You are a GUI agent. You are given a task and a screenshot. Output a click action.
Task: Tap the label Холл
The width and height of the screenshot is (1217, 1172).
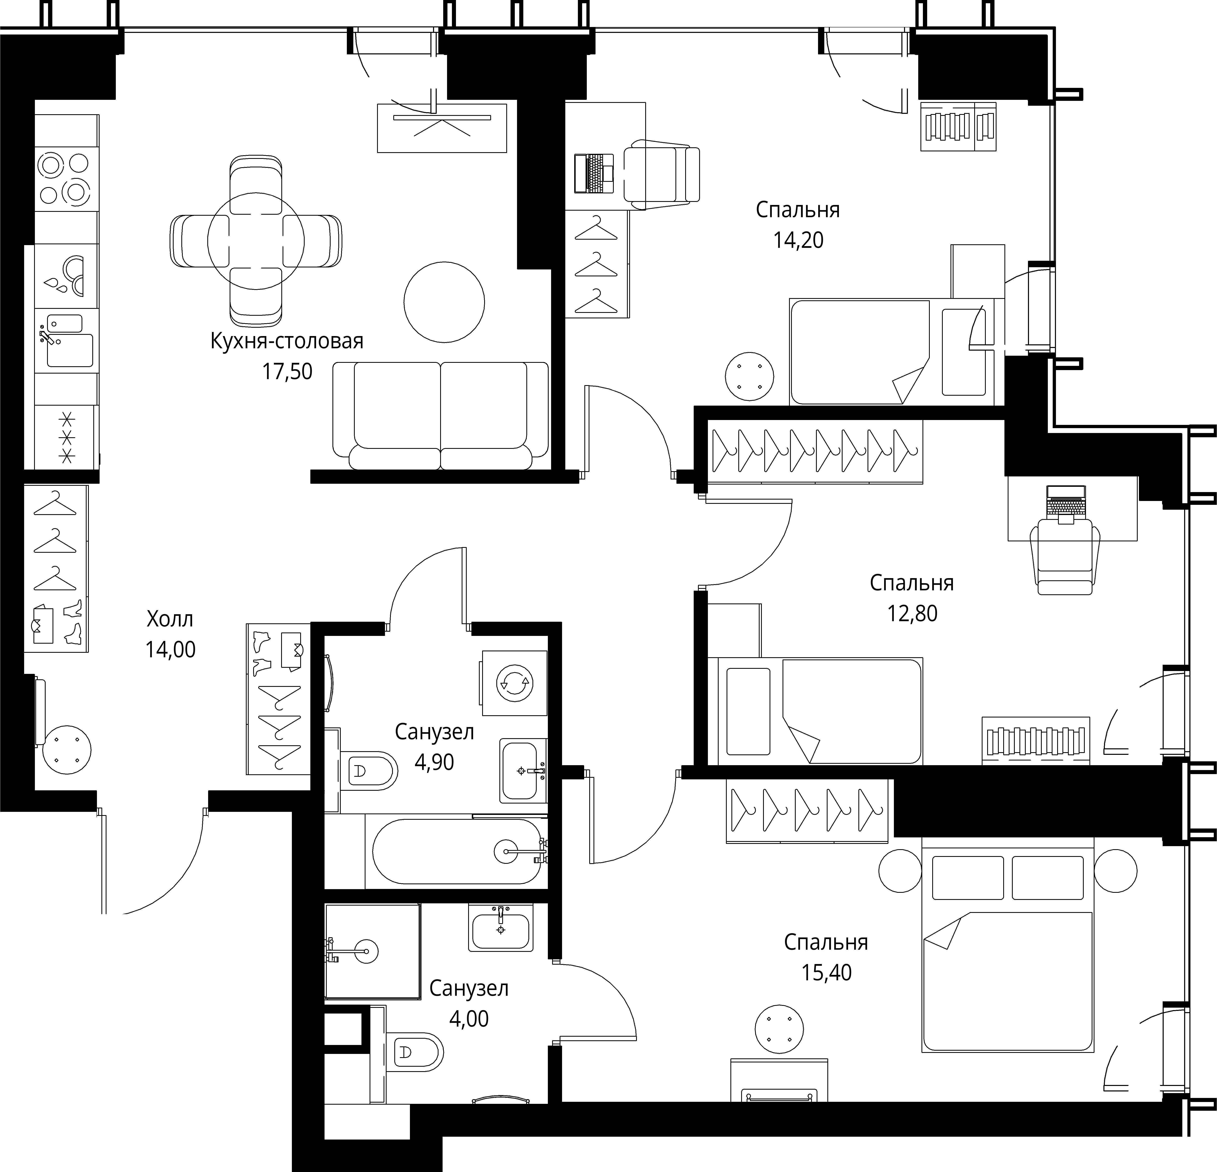point(170,619)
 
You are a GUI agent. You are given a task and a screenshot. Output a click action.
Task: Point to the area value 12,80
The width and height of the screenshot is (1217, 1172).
point(912,614)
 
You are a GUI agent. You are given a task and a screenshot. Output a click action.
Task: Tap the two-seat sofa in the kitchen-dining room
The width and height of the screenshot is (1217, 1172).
point(441,416)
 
